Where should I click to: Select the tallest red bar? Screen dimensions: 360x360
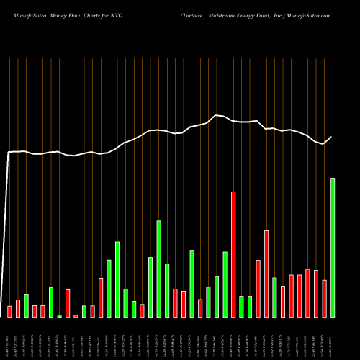click(233, 254)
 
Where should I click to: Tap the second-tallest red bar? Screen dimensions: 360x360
click(266, 274)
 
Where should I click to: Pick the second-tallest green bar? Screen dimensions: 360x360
click(158, 269)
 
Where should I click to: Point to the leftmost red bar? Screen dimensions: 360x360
click(10, 311)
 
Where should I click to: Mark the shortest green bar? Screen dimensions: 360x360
click(60, 316)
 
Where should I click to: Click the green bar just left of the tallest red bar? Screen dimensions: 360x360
click(225, 284)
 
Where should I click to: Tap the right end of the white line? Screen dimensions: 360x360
click(332, 137)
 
